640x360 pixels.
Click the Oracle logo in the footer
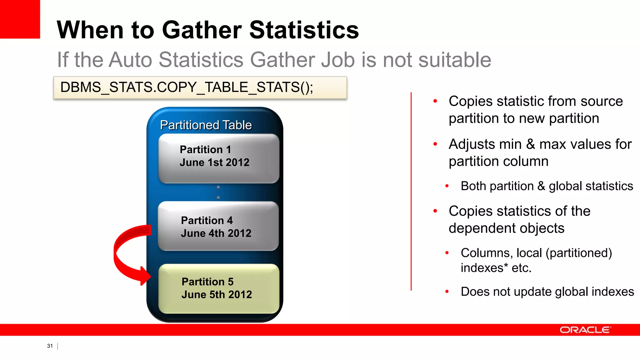[585, 330]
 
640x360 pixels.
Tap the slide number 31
[50, 346]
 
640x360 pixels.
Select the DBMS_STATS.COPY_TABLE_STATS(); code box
[200, 87]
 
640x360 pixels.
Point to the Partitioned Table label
[206, 125]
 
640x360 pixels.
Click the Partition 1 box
[219, 158]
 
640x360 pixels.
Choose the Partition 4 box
[218, 226]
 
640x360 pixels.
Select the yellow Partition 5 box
[219, 288]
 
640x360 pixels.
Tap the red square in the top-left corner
[20, 19]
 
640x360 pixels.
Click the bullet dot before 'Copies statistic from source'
[435, 101]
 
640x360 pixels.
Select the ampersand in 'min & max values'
[531, 144]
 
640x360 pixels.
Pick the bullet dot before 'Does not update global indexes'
[447, 292]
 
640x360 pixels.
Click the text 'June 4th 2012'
[216, 233]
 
